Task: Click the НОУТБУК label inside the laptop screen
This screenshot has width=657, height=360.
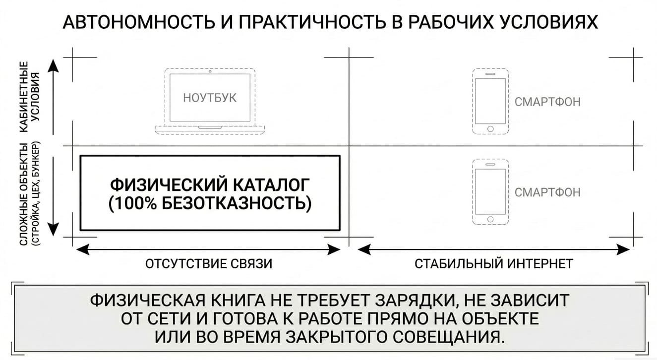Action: [210, 98]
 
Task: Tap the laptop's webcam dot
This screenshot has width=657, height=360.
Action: [210, 71]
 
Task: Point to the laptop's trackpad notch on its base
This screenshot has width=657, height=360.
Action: [210, 127]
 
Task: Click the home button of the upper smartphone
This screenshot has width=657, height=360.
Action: [490, 129]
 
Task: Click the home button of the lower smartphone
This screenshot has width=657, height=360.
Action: [490, 219]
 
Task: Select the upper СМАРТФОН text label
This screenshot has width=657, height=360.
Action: [547, 102]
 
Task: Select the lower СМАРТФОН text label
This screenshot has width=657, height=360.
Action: [547, 192]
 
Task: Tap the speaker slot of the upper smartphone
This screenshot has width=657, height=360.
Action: [490, 74]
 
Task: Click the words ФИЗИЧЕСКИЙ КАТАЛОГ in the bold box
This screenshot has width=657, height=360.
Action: [210, 185]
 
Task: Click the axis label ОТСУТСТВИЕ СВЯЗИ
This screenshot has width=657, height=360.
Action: [209, 264]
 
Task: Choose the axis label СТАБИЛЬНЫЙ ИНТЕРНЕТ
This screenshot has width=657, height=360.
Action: [494, 264]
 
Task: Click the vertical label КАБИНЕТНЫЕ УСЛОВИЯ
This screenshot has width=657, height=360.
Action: [30, 97]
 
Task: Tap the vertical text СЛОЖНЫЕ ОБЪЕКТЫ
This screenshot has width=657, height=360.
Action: [24, 194]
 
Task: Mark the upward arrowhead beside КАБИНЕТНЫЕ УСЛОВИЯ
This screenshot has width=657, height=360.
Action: [53, 65]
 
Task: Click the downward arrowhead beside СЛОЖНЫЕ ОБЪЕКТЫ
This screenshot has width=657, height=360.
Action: [53, 230]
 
